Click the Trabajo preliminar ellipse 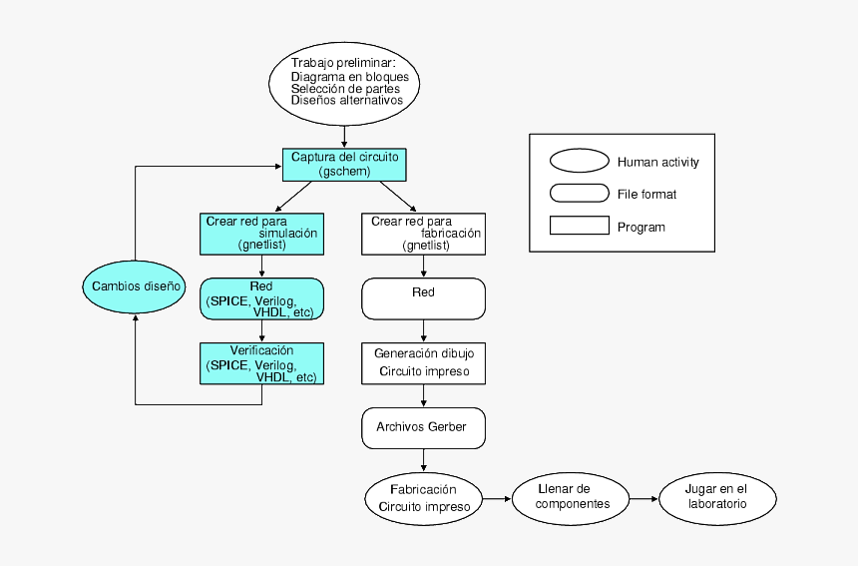(x=344, y=84)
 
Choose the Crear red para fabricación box (x=424, y=234)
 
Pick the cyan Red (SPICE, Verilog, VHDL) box (x=261, y=298)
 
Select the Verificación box (x=261, y=364)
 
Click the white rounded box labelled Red (x=424, y=298)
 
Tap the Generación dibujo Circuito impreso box (x=424, y=363)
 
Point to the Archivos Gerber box (x=424, y=427)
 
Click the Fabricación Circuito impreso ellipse (x=424, y=497)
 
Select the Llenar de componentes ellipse (x=572, y=496)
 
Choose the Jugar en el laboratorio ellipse (x=716, y=496)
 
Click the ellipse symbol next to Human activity (x=579, y=162)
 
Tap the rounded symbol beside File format (x=579, y=194)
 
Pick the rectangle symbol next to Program (x=579, y=226)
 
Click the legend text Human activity (x=657, y=162)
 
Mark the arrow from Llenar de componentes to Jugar (x=644, y=496)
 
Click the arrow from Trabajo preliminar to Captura (x=344, y=138)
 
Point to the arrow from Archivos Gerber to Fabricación (x=424, y=460)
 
